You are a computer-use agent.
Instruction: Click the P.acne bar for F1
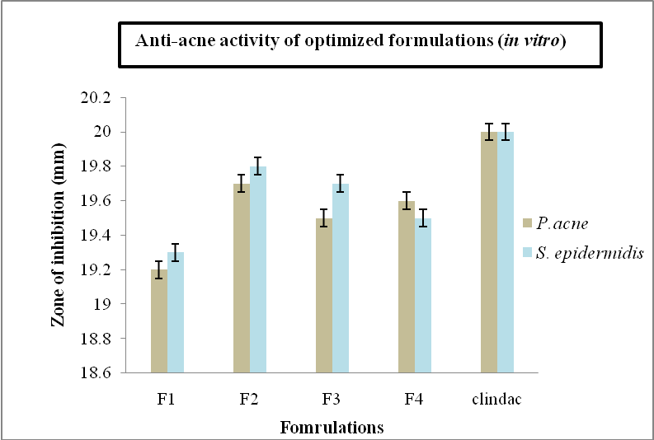coord(159,321)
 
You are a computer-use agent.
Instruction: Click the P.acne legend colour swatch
coord(528,222)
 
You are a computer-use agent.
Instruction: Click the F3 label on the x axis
coord(332,400)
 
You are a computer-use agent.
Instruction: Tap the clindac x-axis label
coord(496,400)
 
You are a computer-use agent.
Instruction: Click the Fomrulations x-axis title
coord(332,428)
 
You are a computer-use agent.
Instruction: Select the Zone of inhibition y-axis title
coord(58,236)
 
